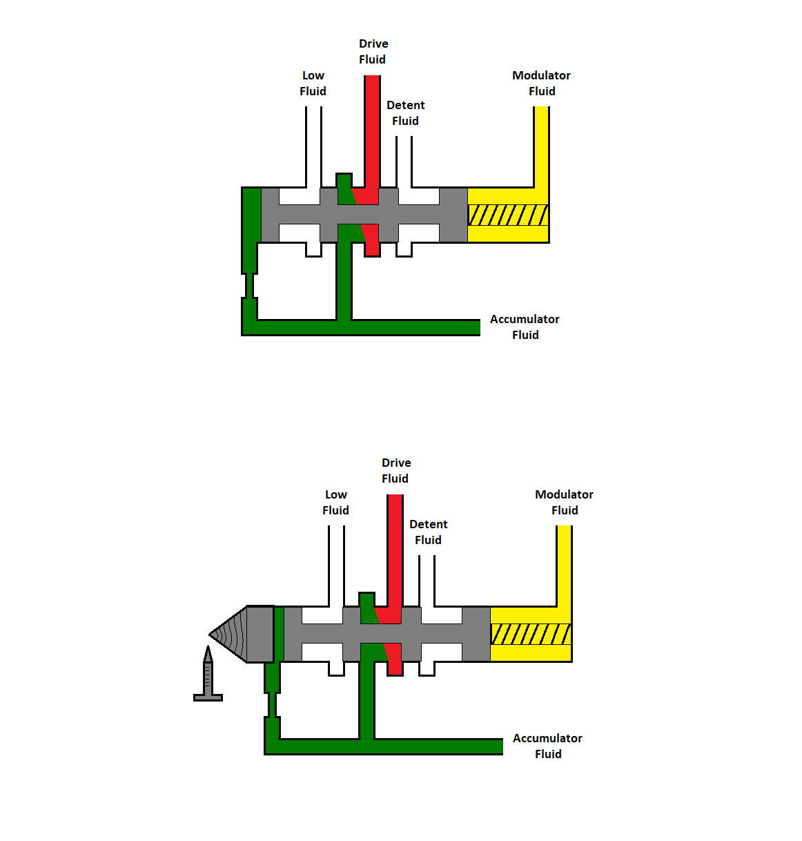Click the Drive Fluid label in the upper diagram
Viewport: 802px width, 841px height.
coord(373,52)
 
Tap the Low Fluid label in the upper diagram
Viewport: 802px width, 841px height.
coord(313,84)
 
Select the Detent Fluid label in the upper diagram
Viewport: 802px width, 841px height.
coord(405,113)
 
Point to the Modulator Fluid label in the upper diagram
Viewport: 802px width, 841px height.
coord(541,84)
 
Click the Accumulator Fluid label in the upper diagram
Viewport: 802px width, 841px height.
coord(525,327)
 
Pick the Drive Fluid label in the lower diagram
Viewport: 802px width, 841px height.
coord(395,471)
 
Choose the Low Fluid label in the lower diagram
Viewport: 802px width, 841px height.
coord(335,503)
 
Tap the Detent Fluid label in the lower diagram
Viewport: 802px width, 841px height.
coord(428,532)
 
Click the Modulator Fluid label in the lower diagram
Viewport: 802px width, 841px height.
coord(564,503)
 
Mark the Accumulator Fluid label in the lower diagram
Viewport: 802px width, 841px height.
coord(547,746)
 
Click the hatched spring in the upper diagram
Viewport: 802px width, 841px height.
coord(508,215)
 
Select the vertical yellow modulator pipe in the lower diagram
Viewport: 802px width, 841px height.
coord(565,565)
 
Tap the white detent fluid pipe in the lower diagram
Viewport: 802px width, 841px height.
coord(427,580)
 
